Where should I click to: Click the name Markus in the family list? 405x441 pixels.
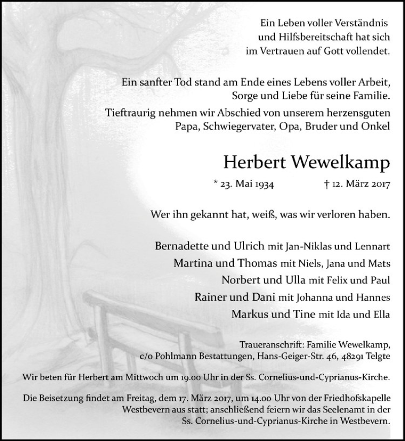[248, 314]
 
